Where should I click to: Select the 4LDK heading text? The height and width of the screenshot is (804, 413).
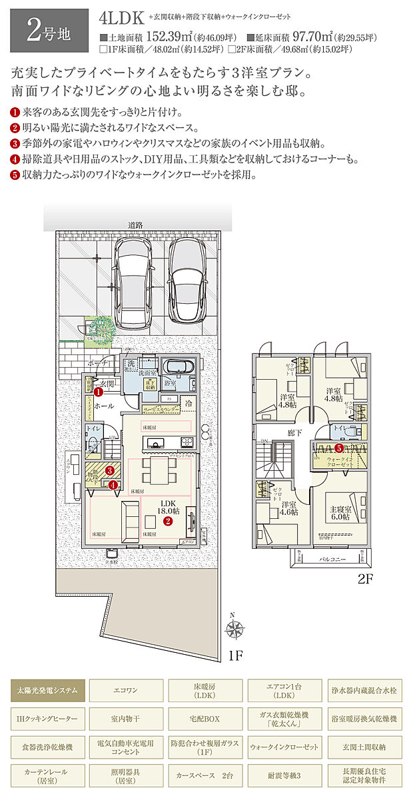click(x=121, y=15)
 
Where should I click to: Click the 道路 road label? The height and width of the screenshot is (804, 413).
click(x=136, y=225)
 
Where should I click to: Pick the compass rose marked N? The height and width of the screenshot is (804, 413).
click(x=234, y=628)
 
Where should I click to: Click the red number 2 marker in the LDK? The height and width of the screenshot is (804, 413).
click(x=169, y=522)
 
